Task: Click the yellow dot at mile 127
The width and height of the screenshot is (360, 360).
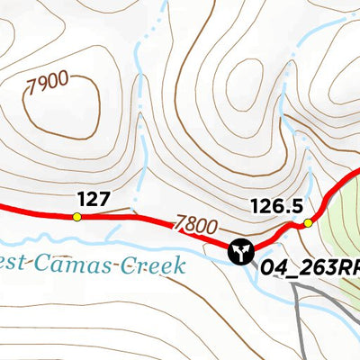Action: (76, 216)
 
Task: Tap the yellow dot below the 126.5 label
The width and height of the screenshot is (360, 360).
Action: (308, 223)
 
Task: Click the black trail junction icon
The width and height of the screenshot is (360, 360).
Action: (240, 252)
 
